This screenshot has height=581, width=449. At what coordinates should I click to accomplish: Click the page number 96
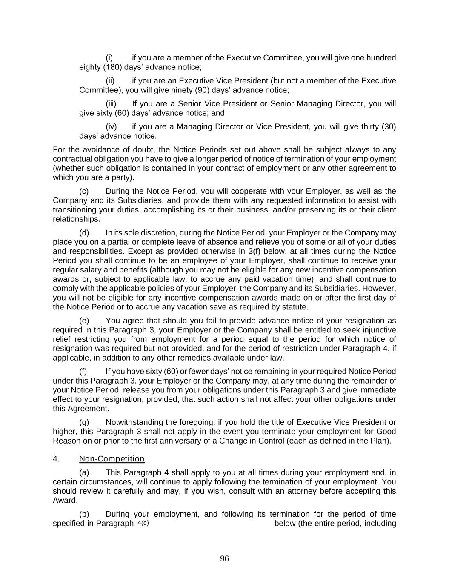pos(224,558)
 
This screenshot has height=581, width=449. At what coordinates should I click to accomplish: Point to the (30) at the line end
pos(389,127)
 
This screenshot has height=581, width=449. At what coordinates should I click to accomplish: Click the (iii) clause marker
pos(111,104)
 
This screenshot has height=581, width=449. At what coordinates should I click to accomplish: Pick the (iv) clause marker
pos(111,127)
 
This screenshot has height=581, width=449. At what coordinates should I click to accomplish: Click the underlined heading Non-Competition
pos(112,459)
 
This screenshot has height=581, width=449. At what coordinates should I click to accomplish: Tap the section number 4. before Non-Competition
pos(56,459)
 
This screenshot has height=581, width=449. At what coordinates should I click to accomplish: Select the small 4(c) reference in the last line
pos(143,523)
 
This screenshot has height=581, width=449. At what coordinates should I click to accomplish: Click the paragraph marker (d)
pos(84,233)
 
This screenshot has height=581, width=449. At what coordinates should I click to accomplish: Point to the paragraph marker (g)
pos(84,422)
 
